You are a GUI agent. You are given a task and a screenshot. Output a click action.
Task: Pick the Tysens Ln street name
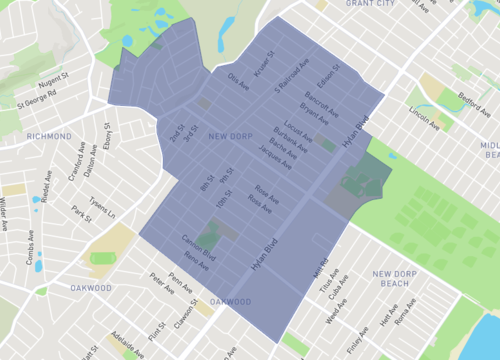pyautogui.click(x=100, y=206)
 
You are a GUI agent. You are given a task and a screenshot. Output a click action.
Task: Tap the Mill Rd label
pyautogui.click(x=321, y=267)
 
